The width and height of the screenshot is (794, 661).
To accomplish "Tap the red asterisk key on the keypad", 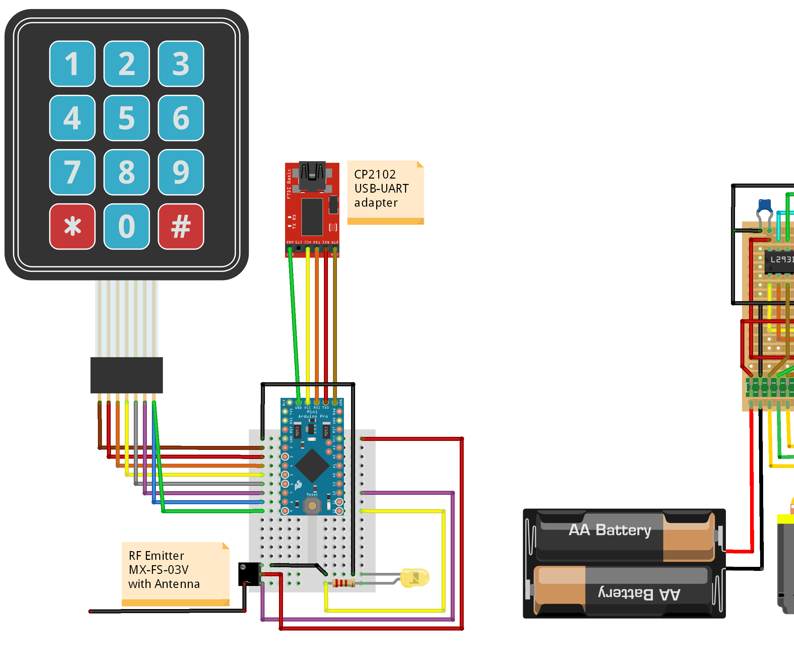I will click(72, 226).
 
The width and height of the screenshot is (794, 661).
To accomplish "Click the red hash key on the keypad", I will click(181, 226).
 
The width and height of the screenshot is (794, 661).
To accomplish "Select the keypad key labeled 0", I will click(127, 226).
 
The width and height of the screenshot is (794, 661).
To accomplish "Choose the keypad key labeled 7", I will click(72, 172).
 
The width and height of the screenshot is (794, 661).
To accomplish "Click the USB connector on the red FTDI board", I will click(312, 175).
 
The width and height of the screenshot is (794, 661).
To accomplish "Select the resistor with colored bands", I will click(343, 583).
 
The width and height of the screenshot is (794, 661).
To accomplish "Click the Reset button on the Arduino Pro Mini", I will click(312, 505).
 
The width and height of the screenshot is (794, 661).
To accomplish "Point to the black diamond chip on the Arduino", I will click(312, 465).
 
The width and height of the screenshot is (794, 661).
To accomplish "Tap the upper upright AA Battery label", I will click(610, 530).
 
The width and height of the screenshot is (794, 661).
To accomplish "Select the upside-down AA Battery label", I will click(639, 593).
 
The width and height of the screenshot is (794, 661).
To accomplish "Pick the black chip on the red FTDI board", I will click(312, 217).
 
